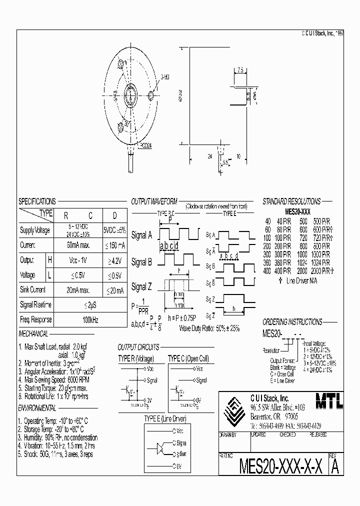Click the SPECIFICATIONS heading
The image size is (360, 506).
click(37, 201)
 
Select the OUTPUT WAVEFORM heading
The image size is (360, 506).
click(154, 201)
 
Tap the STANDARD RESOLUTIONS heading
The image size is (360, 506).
click(291, 201)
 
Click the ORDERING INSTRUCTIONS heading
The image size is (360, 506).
click(292, 322)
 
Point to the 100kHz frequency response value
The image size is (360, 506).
click(90, 319)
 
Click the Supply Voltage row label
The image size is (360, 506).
click(35, 230)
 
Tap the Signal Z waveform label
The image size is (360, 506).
click(141, 287)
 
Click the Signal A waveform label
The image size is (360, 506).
click(141, 234)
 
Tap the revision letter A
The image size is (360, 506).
click(335, 467)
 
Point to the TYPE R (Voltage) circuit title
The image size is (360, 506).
click(135, 359)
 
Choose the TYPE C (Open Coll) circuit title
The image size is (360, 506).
click(188, 359)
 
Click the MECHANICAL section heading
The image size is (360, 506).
click(33, 334)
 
